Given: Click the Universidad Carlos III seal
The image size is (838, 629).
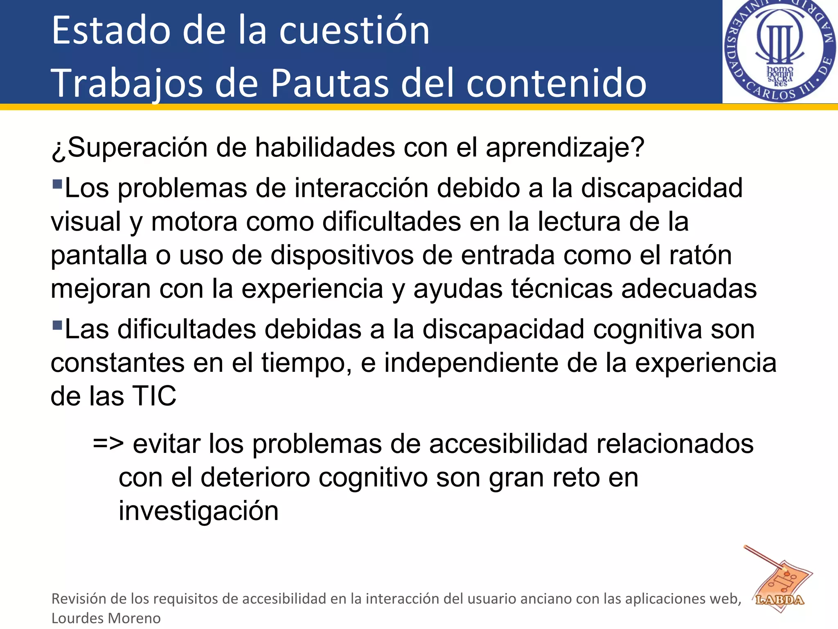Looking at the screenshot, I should tap(780, 51).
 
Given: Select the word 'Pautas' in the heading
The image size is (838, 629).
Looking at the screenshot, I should tap(329, 83).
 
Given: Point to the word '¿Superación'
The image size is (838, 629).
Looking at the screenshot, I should tap(129, 147).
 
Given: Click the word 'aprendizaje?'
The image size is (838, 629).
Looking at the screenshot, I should tap(565, 147).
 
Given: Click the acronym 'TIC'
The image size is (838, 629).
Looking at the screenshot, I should tap(154, 396).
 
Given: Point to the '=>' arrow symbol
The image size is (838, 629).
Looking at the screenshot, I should tap(108, 444).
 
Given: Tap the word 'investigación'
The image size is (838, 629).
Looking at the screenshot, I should tap(198, 511).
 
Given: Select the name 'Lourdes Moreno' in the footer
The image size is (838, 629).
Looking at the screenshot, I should tap(106, 618).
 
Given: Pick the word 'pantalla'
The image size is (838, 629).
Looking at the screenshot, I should tap(99, 255).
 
